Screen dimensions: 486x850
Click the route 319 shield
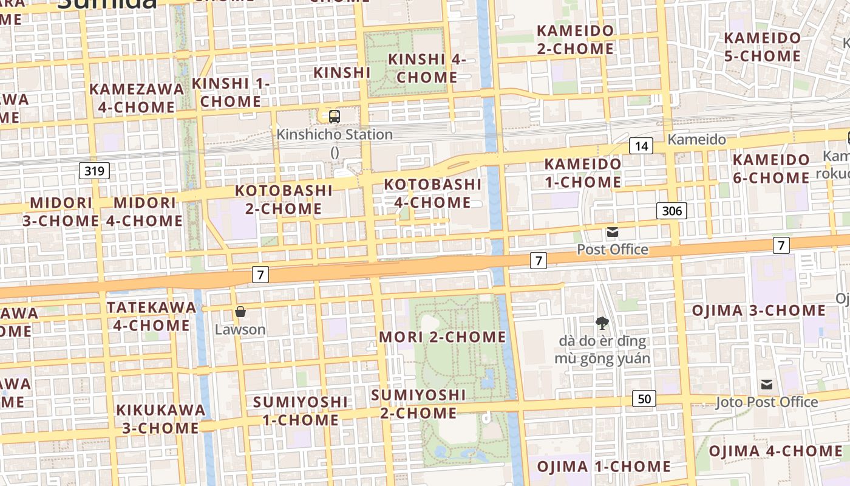click(x=94, y=171)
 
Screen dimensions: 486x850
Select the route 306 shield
click(x=671, y=211)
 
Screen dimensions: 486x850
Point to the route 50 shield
click(x=644, y=399)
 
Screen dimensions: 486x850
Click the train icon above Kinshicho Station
click(x=334, y=116)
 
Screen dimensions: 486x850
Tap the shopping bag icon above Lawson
click(x=240, y=312)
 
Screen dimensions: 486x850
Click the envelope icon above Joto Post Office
click(x=767, y=384)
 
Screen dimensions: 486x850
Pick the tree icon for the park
click(x=602, y=323)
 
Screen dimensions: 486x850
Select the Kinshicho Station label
click(x=335, y=135)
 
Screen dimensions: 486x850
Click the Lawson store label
click(x=240, y=330)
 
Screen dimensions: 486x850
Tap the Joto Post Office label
click(x=767, y=402)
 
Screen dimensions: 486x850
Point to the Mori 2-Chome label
click(x=442, y=337)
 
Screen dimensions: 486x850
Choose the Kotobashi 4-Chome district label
click(x=432, y=193)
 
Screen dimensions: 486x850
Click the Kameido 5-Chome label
click(x=762, y=47)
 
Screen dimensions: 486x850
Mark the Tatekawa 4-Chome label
click(x=151, y=316)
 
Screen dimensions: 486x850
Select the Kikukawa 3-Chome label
click(x=161, y=419)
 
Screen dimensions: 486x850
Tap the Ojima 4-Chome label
click(x=775, y=451)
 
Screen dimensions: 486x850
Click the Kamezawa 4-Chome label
click(x=137, y=98)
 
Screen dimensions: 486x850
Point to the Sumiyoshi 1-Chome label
click(x=300, y=411)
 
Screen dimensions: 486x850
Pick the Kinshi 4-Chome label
click(x=427, y=68)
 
